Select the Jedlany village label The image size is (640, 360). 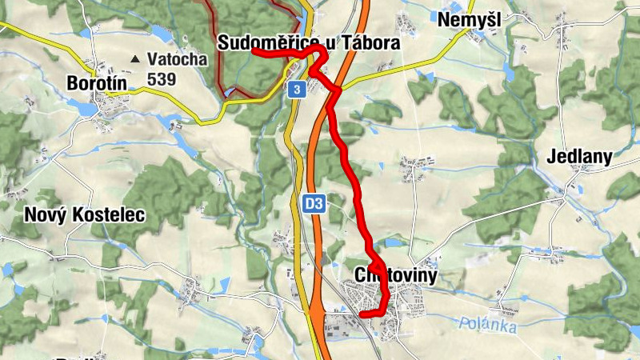point(580,157)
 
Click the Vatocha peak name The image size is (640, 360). point(177,59)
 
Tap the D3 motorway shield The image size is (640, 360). point(314,205)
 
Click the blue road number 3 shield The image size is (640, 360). point(297,90)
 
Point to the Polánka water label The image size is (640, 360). point(489,326)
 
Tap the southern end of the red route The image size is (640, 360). point(363,315)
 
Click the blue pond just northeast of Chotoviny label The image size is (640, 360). point(394,242)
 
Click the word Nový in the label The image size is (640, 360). point(42,214)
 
